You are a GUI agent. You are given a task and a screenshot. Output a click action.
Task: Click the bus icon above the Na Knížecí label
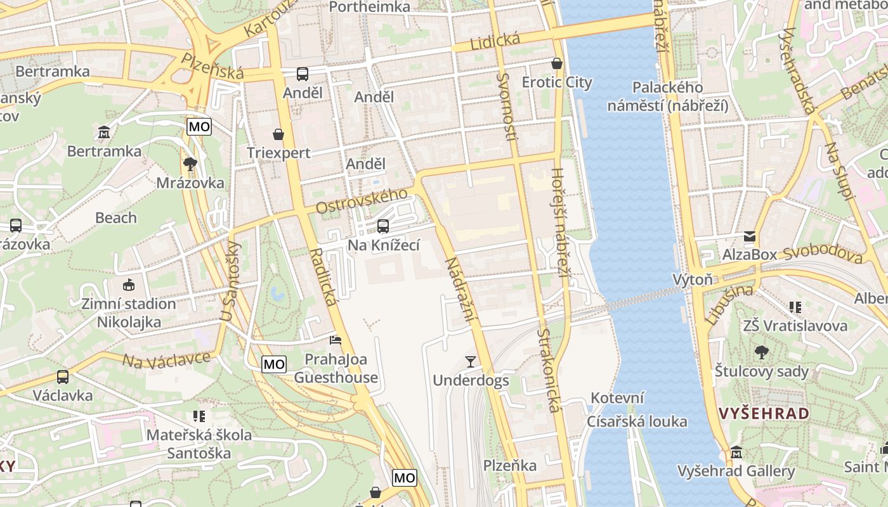pos(382,226)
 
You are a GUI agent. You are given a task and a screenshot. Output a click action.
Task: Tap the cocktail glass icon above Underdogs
pos(470,362)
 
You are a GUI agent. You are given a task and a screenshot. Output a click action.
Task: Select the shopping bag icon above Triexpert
pos(278,134)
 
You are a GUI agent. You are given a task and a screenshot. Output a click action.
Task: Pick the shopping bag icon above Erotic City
pos(556,63)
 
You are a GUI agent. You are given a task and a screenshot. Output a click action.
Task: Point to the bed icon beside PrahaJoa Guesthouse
pos(336,340)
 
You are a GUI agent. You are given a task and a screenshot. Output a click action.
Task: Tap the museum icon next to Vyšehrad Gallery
pos(736,452)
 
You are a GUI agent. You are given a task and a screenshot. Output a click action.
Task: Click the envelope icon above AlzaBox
pos(750,236)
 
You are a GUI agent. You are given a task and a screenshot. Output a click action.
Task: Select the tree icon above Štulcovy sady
pos(761,352)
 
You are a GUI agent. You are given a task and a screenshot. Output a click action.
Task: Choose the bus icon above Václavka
pos(62,377)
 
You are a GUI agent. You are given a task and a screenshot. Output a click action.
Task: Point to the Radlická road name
pos(323,278)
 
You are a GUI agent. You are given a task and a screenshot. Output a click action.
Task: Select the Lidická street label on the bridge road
pos(495,42)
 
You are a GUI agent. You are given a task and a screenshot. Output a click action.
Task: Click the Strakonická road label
pos(549,370)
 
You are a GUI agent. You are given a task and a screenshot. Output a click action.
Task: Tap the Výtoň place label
pos(692,279)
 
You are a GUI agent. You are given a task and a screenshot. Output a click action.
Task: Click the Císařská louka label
pos(636,421)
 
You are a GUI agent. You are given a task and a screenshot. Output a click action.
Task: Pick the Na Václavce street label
pos(166,360)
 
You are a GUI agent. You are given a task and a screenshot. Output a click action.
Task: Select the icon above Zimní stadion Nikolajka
pos(129,285)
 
